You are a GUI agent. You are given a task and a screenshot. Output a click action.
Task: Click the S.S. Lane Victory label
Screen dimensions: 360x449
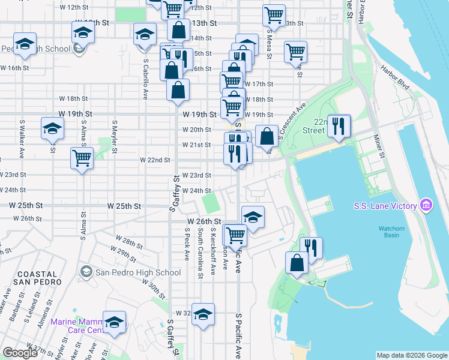(x=384, y=206)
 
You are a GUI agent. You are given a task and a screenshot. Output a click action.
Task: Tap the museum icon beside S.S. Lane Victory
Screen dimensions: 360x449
(x=426, y=206)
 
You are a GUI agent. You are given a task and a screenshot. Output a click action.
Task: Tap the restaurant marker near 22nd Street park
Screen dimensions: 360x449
(x=339, y=126)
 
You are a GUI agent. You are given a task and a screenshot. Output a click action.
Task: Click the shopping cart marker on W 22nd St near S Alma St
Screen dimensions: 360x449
(x=82, y=159)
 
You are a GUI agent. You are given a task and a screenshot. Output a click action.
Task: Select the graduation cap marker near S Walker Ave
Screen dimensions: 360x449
(x=52, y=128)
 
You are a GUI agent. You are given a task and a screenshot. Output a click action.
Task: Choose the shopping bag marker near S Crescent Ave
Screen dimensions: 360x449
(x=267, y=136)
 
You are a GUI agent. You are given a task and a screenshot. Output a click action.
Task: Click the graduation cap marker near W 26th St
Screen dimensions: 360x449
(x=253, y=217)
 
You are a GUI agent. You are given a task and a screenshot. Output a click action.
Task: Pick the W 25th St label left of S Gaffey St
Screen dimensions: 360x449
(x=124, y=206)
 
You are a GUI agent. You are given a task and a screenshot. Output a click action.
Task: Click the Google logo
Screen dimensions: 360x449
(x=20, y=353)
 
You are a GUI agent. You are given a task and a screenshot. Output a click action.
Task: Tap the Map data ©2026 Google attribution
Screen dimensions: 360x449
(x=411, y=355)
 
